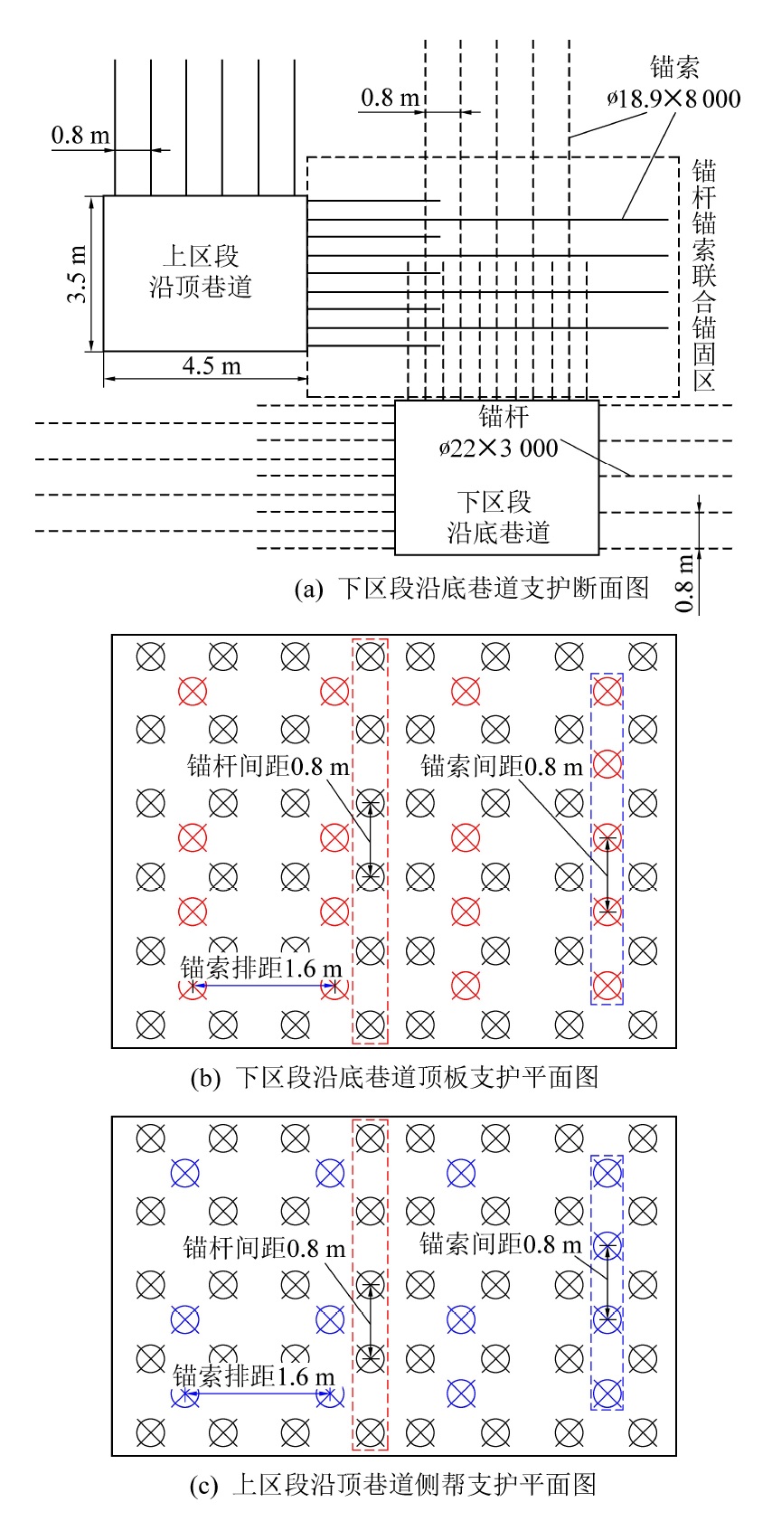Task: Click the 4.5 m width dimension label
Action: tap(212, 365)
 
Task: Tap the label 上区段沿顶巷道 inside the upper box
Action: tap(200, 271)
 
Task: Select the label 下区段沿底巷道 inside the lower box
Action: tap(498, 517)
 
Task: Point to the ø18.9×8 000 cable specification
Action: tap(673, 99)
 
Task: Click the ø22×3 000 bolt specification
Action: tap(498, 447)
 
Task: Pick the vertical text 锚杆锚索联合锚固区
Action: tap(704, 275)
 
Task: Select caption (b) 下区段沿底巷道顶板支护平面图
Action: tap(394, 1077)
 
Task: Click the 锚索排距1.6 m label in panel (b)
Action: tap(261, 968)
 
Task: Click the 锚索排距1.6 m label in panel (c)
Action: tap(254, 1376)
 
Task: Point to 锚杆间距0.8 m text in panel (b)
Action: tap(268, 767)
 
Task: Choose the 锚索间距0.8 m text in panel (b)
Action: tap(502, 767)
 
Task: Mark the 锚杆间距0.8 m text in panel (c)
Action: tap(264, 1249)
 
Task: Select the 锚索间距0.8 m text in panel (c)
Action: tap(500, 1244)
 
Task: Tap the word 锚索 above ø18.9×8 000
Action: tap(674, 67)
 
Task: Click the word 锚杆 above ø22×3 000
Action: tap(504, 417)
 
